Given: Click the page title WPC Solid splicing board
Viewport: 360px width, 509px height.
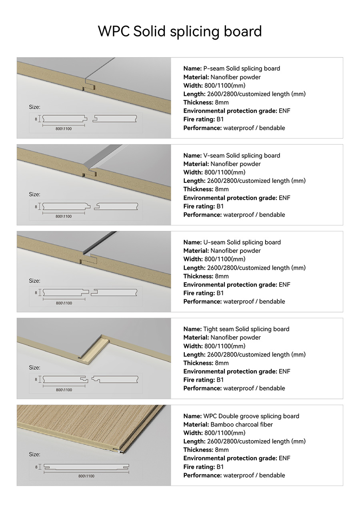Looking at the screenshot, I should pos(180,31).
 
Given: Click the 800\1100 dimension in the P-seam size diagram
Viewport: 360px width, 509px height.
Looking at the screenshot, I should pos(64,128).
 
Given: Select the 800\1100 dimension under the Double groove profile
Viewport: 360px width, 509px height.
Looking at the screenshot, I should pos(86,476).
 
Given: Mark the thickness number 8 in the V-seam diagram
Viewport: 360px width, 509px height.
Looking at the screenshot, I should pos(36,206).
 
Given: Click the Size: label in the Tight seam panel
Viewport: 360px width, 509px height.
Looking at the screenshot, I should pos(35,367).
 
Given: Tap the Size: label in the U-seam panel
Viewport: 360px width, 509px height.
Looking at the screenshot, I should pos(35,281).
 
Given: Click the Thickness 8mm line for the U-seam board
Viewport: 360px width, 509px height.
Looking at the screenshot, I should pos(206,276).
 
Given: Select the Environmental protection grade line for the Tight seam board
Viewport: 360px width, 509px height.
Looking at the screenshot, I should pos(237,371).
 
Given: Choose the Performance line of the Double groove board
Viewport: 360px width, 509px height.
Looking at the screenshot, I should pos(234,475).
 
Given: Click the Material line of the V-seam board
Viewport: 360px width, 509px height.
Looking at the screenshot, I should pos(222,164).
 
